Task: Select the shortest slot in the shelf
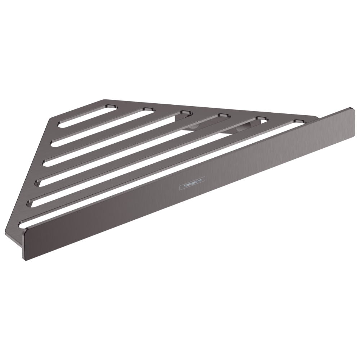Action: point(87,116)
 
